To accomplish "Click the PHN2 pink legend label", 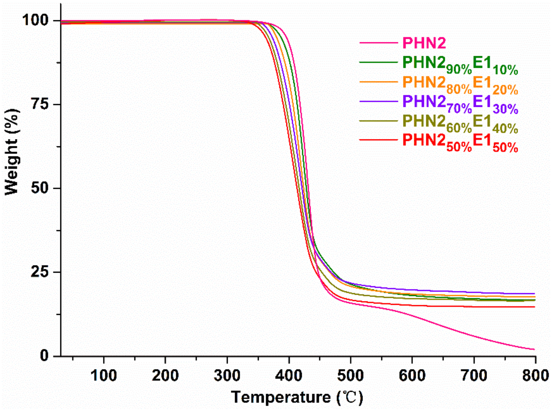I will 424,43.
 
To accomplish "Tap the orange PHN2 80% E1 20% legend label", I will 460,84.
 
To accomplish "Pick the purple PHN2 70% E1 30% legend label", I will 460,104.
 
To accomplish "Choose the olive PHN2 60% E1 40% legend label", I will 460,123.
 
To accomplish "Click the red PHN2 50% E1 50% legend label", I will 460,143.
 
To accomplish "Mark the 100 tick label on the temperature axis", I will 104,376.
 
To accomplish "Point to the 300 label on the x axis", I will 227,376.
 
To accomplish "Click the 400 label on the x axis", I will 289,376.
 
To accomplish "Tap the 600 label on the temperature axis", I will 412,376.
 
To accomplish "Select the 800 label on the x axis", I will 535,376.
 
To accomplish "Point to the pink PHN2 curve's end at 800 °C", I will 534,349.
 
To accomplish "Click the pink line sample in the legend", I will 378,43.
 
